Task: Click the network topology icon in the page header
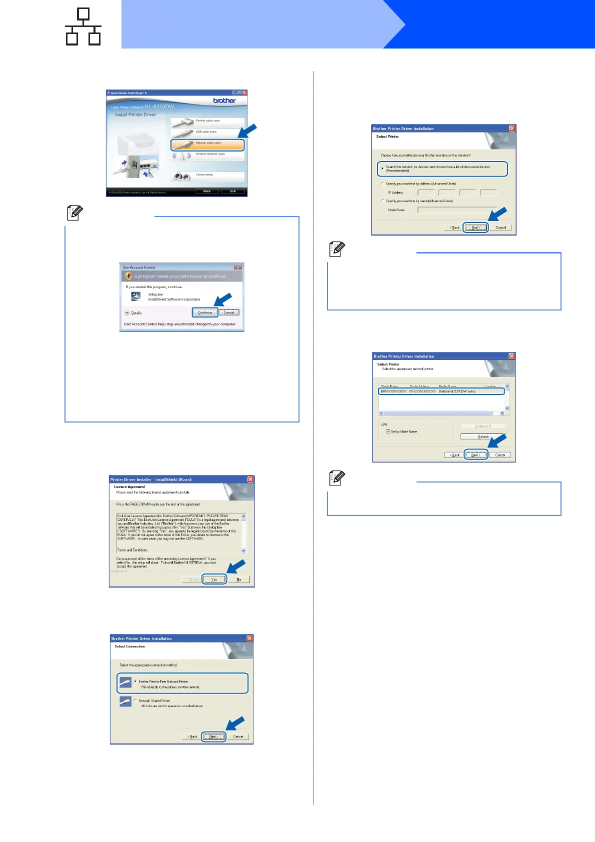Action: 83,27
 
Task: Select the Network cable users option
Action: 207,144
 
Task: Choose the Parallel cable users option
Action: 207,121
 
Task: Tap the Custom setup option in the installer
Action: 207,176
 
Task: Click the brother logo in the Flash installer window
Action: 224,100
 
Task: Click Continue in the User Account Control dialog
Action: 205,312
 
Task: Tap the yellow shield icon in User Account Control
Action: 128,276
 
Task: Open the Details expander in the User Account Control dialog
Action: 127,313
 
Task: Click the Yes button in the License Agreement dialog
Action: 214,579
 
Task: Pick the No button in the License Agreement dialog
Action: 239,579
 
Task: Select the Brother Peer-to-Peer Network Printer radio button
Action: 135,681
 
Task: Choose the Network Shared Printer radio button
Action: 135,700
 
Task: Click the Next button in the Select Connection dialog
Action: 213,736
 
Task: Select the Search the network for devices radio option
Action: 383,168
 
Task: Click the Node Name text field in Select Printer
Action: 457,210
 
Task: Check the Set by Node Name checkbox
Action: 388,431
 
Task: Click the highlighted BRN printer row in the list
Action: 441,391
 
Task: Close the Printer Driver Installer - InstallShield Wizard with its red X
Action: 250,479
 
